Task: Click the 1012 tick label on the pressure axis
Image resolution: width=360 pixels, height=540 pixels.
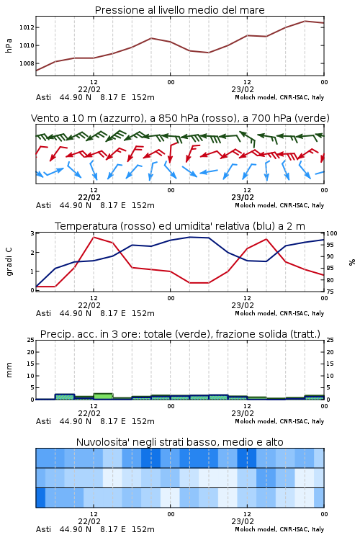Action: pyautogui.click(x=27, y=27)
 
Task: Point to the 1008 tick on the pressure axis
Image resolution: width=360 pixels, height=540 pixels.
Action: pyautogui.click(x=27, y=63)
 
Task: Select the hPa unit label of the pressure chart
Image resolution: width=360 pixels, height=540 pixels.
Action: pyautogui.click(x=9, y=45)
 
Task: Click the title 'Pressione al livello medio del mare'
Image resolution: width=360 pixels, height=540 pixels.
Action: pyautogui.click(x=179, y=10)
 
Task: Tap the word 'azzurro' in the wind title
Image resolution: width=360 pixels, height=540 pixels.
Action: pyautogui.click(x=120, y=118)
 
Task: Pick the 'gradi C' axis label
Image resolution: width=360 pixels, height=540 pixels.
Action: pyautogui.click(x=9, y=261)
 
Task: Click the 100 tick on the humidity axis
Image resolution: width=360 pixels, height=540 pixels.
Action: pyautogui.click(x=332, y=233)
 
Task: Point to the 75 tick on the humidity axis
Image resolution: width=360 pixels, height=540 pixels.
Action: pyautogui.click(x=330, y=292)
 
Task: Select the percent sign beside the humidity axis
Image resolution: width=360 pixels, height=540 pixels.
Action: pyautogui.click(x=352, y=262)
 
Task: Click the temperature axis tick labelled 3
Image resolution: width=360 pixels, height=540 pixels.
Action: pyautogui.click(x=32, y=233)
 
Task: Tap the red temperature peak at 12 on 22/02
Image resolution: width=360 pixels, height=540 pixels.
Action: pyautogui.click(x=94, y=238)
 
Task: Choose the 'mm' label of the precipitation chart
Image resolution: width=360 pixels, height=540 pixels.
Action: pyautogui.click(x=9, y=370)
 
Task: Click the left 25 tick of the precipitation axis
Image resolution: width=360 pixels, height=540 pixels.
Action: pyautogui.click(x=31, y=340)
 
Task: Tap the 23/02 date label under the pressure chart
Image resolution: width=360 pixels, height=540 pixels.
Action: pyautogui.click(x=243, y=89)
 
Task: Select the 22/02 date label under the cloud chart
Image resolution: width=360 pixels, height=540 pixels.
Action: pyautogui.click(x=89, y=521)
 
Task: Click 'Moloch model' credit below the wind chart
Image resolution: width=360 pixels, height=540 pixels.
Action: pyautogui.click(x=256, y=205)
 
